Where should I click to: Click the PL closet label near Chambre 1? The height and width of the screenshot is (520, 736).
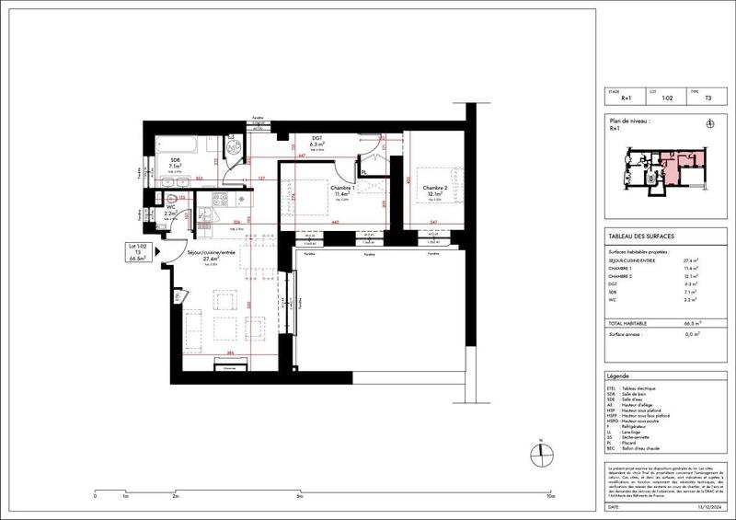point(365,172)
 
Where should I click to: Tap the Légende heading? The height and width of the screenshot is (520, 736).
point(619,377)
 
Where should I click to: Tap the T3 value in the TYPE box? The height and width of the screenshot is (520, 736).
point(707,98)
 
